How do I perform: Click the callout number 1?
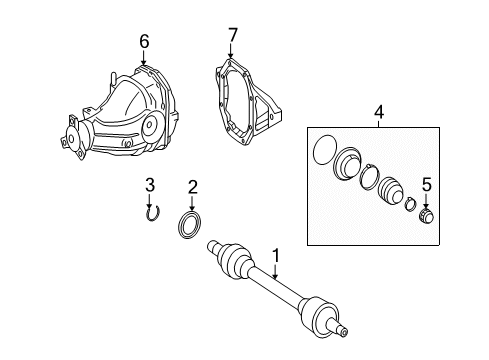(278, 258)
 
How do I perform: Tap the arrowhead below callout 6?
(144, 60)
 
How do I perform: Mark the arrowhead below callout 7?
(231, 56)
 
